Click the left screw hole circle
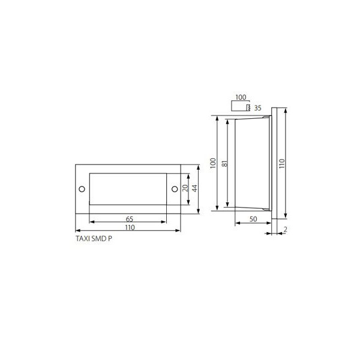82,189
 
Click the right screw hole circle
175,189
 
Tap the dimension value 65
130,219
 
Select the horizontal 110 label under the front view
130,227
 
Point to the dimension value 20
185,188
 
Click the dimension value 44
194,188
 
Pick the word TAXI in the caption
83,239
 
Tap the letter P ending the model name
110,239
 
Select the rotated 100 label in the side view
213,163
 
